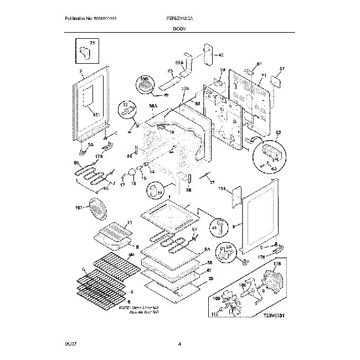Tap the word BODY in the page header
pos(180,28)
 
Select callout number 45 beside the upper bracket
pos(220,55)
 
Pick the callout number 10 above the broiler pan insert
pos(130,223)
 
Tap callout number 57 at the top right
pos(281,69)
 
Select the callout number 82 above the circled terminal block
pos(278,132)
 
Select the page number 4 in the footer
pos(180,344)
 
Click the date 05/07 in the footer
pos(66,344)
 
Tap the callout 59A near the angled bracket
pos(179,63)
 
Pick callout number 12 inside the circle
pos(125,104)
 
